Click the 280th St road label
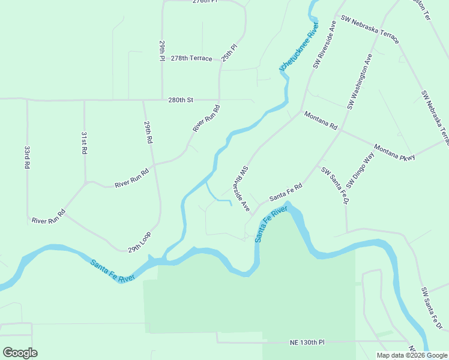click(x=181, y=100)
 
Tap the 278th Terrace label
click(x=191, y=58)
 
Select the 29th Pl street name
click(x=162, y=51)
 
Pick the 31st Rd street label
click(x=84, y=143)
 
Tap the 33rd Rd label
click(x=27, y=156)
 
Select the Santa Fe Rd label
click(x=286, y=193)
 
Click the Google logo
click(x=20, y=353)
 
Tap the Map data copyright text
click(x=411, y=355)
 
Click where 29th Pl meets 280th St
click(x=162, y=100)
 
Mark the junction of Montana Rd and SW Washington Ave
click(x=342, y=130)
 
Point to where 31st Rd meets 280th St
click(x=84, y=100)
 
